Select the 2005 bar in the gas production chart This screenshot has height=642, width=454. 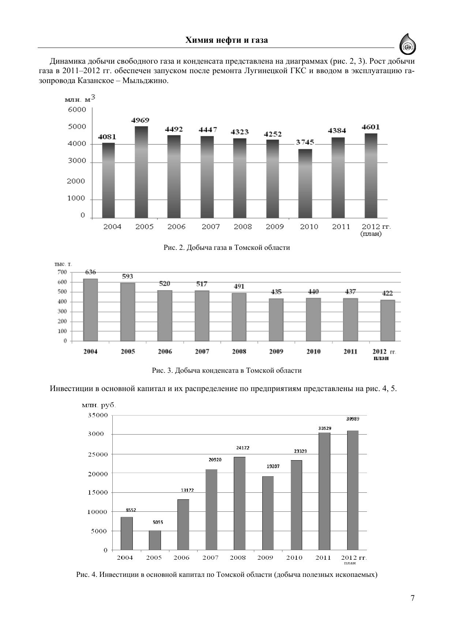142,172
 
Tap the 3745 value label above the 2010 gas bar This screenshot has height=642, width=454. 305,142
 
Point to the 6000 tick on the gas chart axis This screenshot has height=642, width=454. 77,109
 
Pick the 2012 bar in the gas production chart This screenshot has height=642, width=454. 371,176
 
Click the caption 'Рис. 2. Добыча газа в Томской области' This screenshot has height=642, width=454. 226,248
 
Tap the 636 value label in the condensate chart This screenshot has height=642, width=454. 90,272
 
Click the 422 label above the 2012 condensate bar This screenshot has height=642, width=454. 387,293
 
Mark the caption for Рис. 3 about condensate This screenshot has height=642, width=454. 226,371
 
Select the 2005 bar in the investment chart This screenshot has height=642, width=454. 155,540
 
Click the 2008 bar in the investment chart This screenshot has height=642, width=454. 239,503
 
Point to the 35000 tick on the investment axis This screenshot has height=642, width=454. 97,415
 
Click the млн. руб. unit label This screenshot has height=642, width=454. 99,405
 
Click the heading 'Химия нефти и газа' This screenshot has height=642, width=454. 226,40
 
